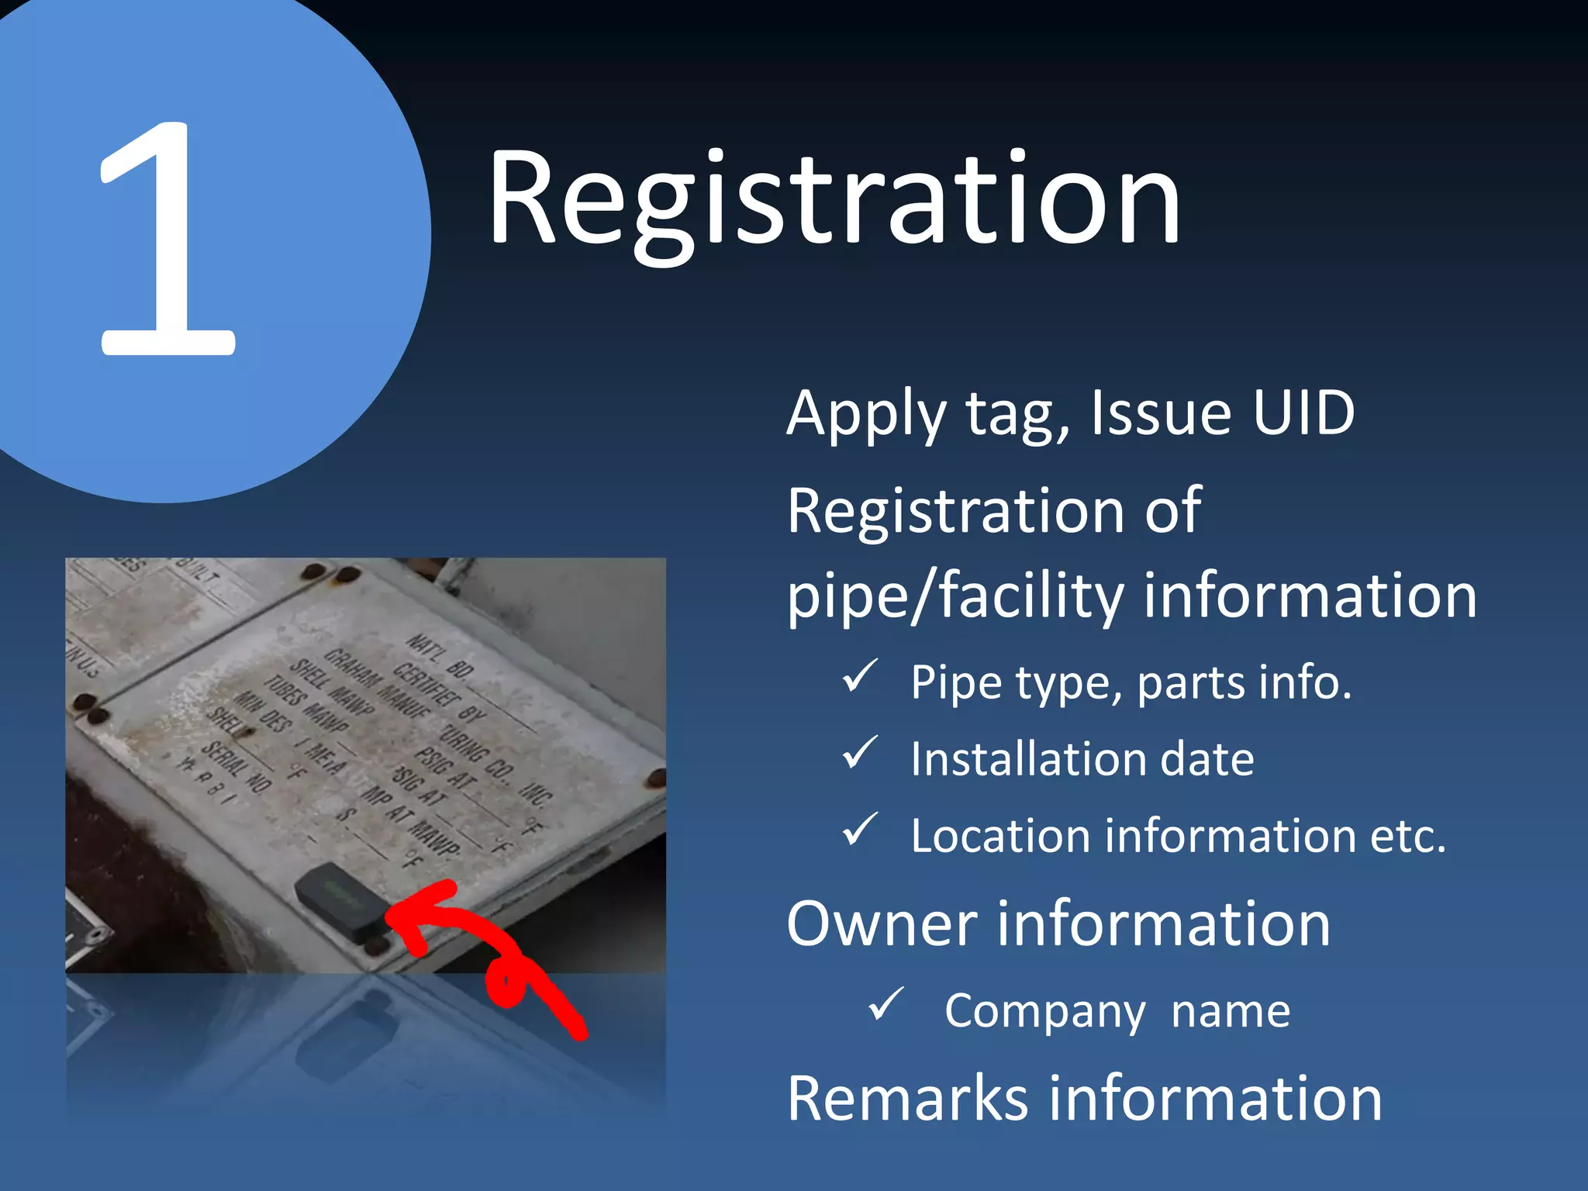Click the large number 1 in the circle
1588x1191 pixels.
(167, 240)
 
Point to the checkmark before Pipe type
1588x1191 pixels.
(860, 676)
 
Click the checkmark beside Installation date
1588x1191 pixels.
(860, 753)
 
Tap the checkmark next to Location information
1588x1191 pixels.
(860, 830)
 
